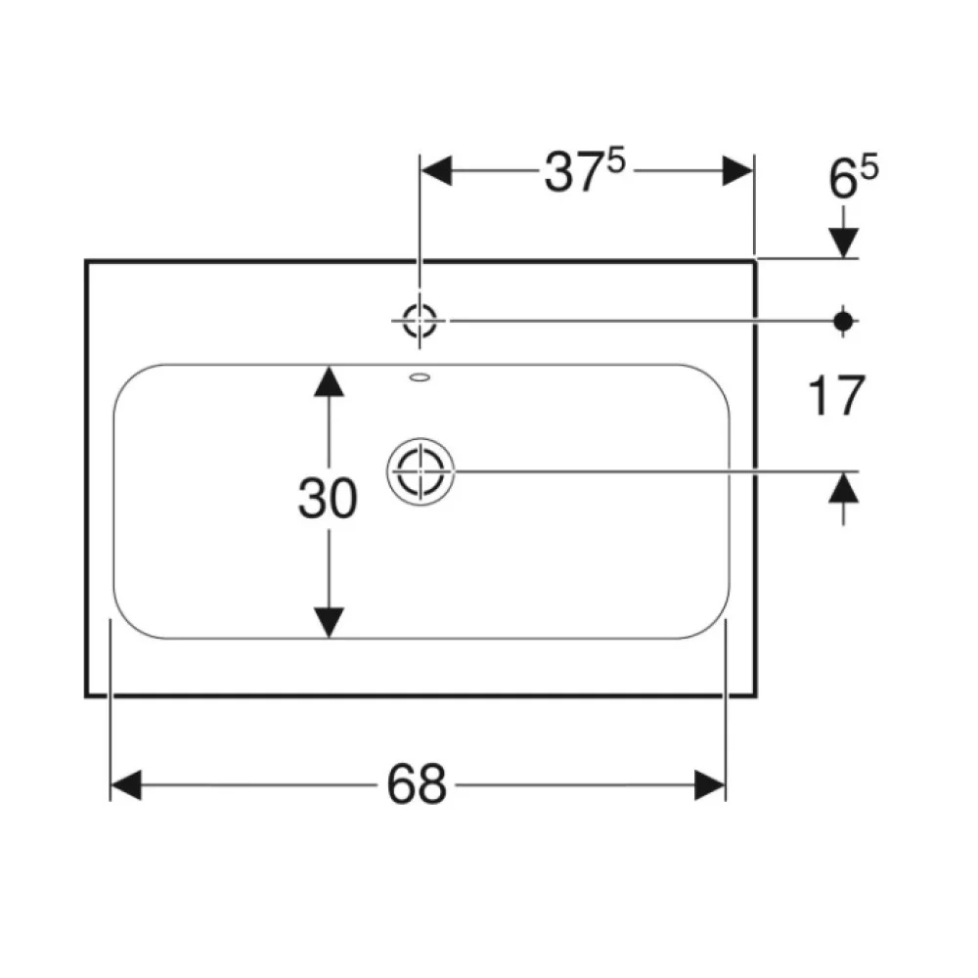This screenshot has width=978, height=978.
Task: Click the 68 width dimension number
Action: pyautogui.click(x=417, y=783)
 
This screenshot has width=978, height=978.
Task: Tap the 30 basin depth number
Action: pyautogui.click(x=328, y=499)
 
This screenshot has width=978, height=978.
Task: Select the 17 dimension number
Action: pyautogui.click(x=836, y=395)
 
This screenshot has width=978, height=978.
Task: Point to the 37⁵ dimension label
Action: pyautogui.click(x=585, y=171)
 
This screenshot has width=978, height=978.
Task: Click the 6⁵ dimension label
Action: pyautogui.click(x=853, y=178)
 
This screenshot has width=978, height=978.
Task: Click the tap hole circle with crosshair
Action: pyautogui.click(x=420, y=321)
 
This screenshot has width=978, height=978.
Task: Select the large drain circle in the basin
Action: pyautogui.click(x=421, y=471)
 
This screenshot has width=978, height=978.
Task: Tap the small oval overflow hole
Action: pyautogui.click(x=420, y=377)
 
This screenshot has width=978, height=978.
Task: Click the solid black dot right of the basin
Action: pyautogui.click(x=843, y=321)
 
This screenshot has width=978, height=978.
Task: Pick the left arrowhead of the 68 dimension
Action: pyautogui.click(x=126, y=784)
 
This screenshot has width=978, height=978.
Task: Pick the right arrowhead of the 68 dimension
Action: pyautogui.click(x=710, y=784)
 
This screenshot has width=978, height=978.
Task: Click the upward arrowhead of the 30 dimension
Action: pyautogui.click(x=329, y=381)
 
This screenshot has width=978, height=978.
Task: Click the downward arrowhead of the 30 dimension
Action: pyautogui.click(x=329, y=622)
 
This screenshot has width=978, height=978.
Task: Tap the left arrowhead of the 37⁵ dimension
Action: pyautogui.click(x=436, y=170)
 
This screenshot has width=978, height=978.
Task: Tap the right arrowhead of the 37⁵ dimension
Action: pyautogui.click(x=737, y=170)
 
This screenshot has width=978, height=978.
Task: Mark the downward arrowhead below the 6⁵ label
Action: pyautogui.click(x=844, y=243)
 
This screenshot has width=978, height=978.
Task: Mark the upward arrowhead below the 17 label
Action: pyautogui.click(x=844, y=488)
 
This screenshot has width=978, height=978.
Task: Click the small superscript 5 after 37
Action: pyautogui.click(x=615, y=162)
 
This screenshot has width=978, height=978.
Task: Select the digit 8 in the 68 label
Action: pyautogui.click(x=432, y=783)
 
